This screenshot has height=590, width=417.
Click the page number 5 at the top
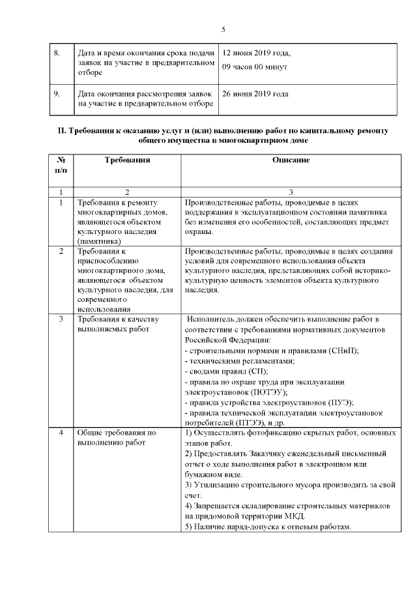click(223, 29)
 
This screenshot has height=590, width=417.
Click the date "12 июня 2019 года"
click(256, 53)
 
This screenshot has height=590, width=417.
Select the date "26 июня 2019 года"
click(255, 94)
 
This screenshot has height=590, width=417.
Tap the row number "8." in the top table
click(57, 53)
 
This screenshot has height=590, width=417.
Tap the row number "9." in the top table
click(57, 94)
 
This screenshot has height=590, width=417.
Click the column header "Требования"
click(127, 160)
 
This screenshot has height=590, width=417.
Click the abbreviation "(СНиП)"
click(343, 350)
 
